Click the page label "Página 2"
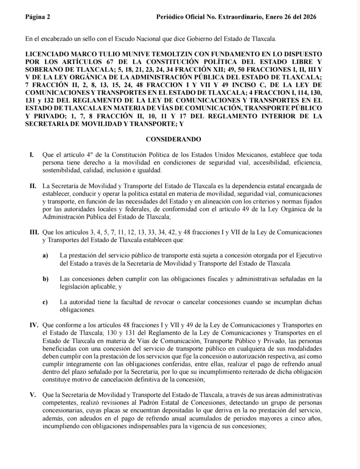click(x=38, y=17)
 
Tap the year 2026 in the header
click(x=308, y=17)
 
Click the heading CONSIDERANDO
click(x=174, y=139)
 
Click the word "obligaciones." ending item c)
click(x=78, y=310)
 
